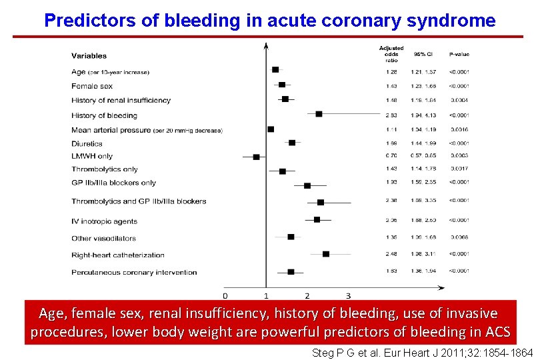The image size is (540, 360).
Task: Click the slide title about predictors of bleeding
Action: (x=269, y=20)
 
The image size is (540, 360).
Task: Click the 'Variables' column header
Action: (x=89, y=56)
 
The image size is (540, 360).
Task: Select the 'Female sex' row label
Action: (x=92, y=86)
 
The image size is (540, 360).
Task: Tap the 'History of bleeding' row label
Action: (x=104, y=115)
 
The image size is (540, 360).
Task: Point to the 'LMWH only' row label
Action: (x=92, y=157)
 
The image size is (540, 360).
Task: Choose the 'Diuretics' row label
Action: (x=87, y=143)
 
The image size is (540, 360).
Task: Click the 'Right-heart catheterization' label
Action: (x=118, y=255)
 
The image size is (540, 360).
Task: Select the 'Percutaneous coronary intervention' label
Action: (x=134, y=272)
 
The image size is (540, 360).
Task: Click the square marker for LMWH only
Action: (x=256, y=157)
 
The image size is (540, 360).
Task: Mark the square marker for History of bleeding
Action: (x=319, y=114)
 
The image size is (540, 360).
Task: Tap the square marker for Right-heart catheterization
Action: (x=325, y=254)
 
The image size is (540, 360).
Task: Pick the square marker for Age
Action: (x=275, y=69)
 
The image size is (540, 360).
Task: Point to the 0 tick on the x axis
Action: (x=225, y=295)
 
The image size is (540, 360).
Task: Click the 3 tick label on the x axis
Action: (x=348, y=295)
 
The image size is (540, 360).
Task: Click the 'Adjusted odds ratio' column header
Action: (x=391, y=54)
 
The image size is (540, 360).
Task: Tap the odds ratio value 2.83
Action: (x=391, y=115)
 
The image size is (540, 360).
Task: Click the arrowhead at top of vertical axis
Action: (x=266, y=46)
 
